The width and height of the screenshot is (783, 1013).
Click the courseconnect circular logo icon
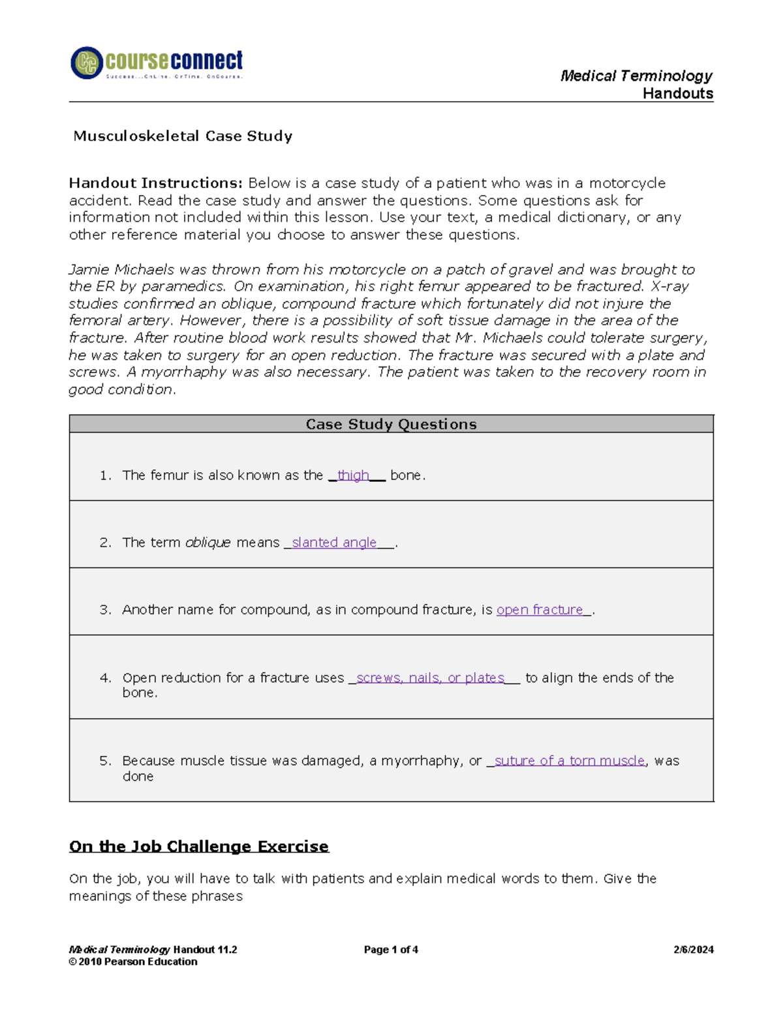click(x=87, y=63)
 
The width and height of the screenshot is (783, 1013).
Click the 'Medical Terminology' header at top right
click(x=636, y=76)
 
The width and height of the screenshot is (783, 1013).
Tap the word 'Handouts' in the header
click(x=677, y=93)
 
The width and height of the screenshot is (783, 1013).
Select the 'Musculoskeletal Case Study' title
click(x=183, y=136)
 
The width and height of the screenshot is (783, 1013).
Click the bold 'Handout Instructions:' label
click(x=156, y=183)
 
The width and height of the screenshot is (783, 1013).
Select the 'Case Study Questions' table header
click(x=391, y=424)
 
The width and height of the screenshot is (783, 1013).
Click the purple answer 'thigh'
click(x=353, y=476)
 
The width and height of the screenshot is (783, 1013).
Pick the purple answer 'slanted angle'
click(x=333, y=543)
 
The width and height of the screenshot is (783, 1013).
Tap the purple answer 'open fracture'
click(x=540, y=610)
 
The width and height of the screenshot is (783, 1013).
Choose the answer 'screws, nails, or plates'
click(x=430, y=678)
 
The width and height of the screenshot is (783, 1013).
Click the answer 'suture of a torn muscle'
click(x=569, y=761)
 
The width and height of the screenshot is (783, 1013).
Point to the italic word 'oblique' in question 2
click(x=207, y=543)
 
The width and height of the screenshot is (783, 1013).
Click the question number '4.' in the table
click(x=106, y=678)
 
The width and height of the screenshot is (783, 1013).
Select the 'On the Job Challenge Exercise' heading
click(x=199, y=847)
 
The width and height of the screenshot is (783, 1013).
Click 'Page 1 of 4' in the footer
click(x=391, y=950)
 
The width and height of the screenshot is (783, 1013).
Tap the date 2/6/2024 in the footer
click(x=693, y=950)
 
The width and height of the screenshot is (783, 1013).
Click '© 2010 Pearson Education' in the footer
click(x=133, y=961)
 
